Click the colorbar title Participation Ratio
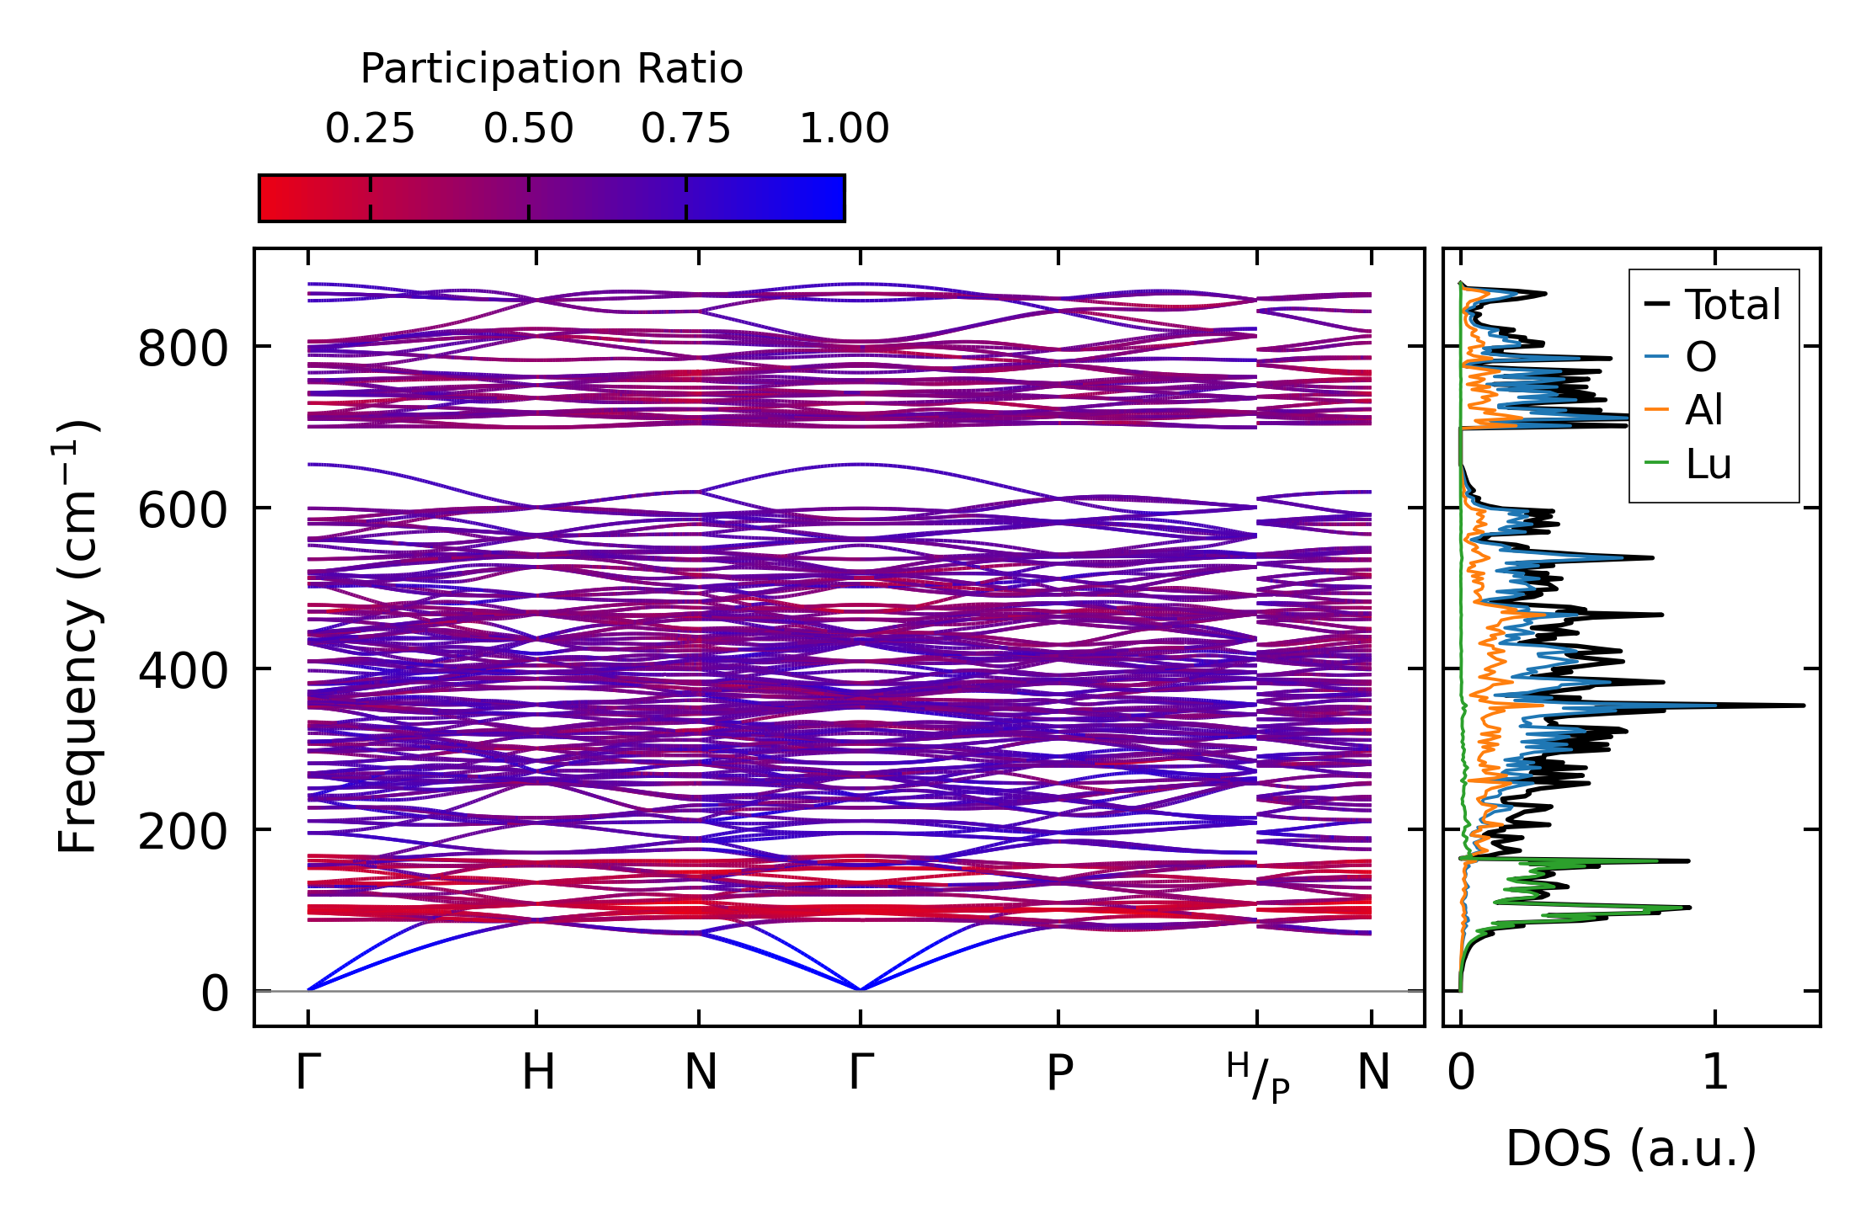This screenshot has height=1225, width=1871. point(552,69)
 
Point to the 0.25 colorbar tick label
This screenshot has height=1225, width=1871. point(370,129)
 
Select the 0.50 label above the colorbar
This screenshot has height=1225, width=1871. point(528,129)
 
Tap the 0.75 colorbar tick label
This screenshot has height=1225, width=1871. point(685,129)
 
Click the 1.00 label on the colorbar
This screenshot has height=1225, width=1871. point(844,129)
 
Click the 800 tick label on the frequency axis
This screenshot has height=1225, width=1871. point(183,348)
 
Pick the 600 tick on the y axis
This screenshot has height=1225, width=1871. point(183,509)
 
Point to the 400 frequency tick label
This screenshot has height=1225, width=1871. point(183,671)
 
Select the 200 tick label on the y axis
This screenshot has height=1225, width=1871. point(183,832)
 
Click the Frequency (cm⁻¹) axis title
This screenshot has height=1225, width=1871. point(77,636)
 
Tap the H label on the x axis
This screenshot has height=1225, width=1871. point(538,1073)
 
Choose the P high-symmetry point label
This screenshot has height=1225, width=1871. point(1059,1073)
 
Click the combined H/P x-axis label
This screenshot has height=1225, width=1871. point(1258,1077)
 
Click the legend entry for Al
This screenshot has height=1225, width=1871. point(1703,410)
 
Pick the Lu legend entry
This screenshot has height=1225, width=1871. point(1708,464)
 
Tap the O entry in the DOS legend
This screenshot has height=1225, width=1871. point(1700,357)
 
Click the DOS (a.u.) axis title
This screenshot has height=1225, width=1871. point(1631,1148)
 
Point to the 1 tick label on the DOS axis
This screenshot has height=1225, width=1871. point(1715,1073)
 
